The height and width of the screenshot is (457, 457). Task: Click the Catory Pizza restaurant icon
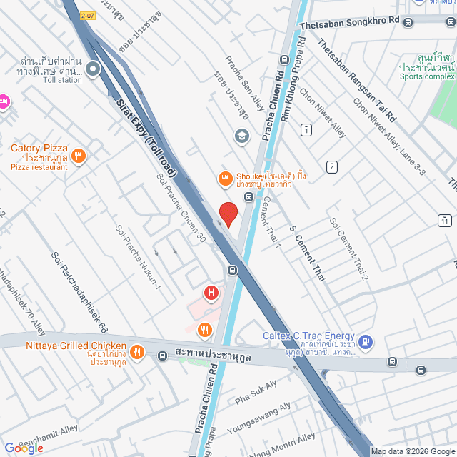79,155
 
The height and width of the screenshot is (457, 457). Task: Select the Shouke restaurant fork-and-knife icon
225,179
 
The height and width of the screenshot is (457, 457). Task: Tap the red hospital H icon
211,293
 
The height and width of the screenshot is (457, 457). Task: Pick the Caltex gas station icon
366,342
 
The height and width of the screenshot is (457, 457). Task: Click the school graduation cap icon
242,136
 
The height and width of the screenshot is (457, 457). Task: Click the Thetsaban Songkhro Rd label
349,24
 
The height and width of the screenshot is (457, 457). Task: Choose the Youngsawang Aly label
260,418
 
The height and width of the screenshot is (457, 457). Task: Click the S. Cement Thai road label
307,253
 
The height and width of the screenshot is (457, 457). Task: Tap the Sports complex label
426,76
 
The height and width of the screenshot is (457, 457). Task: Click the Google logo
24,448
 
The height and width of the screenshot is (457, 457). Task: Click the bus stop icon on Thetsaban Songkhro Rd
408,21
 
